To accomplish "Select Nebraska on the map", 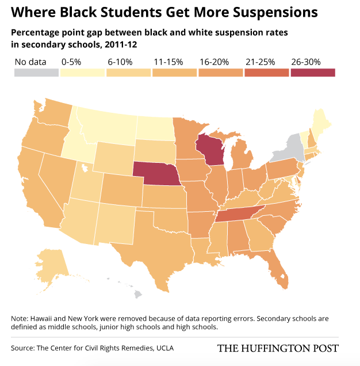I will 157,173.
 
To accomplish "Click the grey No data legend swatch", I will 36,73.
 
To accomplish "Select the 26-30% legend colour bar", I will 313,73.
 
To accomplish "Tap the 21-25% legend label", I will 259,62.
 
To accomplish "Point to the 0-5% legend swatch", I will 82,73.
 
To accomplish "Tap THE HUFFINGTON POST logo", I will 277,348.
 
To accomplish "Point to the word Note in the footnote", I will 19,319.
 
